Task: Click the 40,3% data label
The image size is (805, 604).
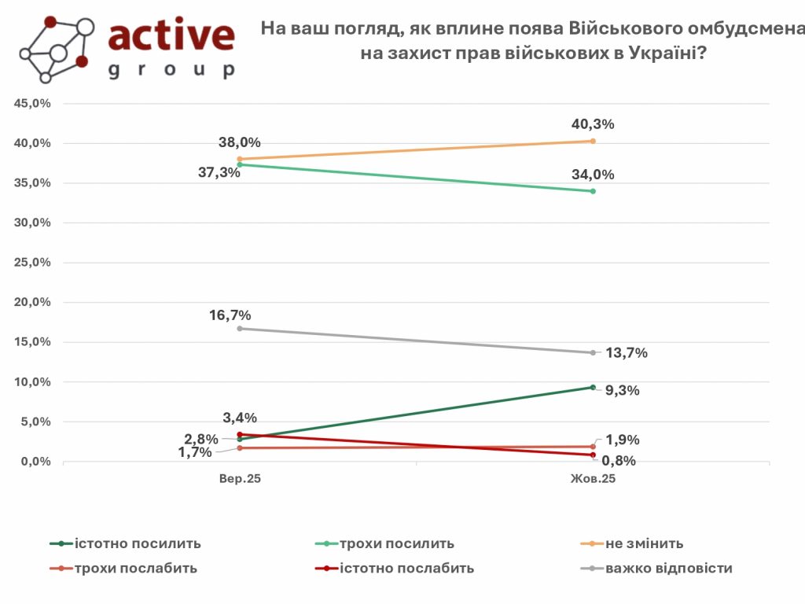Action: [593, 123]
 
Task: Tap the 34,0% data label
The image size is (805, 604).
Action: [593, 175]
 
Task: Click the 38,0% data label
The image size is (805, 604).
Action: [240, 142]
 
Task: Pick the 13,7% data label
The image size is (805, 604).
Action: [627, 353]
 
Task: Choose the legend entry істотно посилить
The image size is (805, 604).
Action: [138, 543]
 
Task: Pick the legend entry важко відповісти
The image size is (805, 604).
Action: [669, 568]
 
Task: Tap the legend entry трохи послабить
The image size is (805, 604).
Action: [137, 568]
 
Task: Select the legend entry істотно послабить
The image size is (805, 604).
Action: [407, 568]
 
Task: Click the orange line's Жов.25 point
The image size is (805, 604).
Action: [593, 141]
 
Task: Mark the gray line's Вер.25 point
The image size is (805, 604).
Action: [240, 328]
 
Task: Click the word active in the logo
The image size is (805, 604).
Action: [171, 35]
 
